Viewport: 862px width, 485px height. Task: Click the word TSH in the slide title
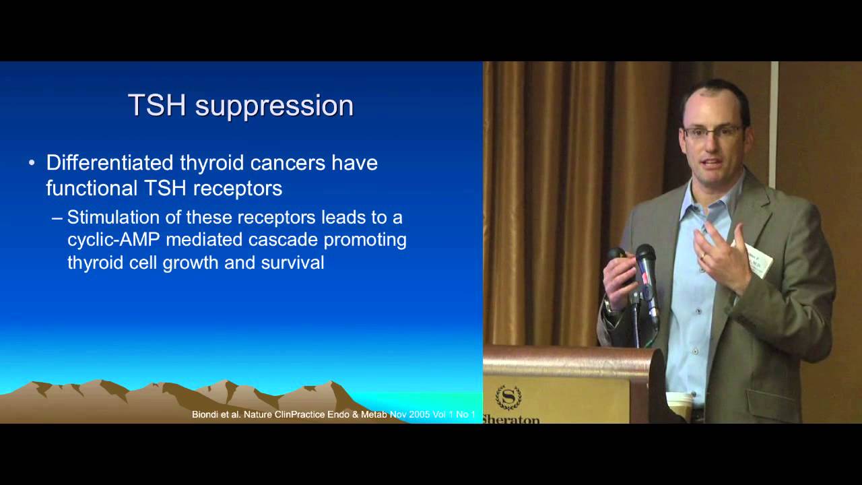coord(157,104)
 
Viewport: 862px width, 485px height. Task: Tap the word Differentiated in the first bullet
coord(110,162)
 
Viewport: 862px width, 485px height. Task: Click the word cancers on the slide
coord(288,163)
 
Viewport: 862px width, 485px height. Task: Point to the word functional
coord(92,188)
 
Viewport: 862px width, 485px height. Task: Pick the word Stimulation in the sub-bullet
coord(114,217)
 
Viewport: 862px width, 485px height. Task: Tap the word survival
coord(292,263)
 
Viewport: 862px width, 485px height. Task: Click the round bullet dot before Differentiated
coord(32,163)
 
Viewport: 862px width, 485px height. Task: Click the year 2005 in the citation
coord(419,414)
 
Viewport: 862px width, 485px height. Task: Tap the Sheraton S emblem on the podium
coord(508,397)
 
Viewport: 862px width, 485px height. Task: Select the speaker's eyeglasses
coord(712,132)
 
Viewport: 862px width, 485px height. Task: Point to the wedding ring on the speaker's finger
coord(702,255)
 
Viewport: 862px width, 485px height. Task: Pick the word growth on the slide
coord(191,263)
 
